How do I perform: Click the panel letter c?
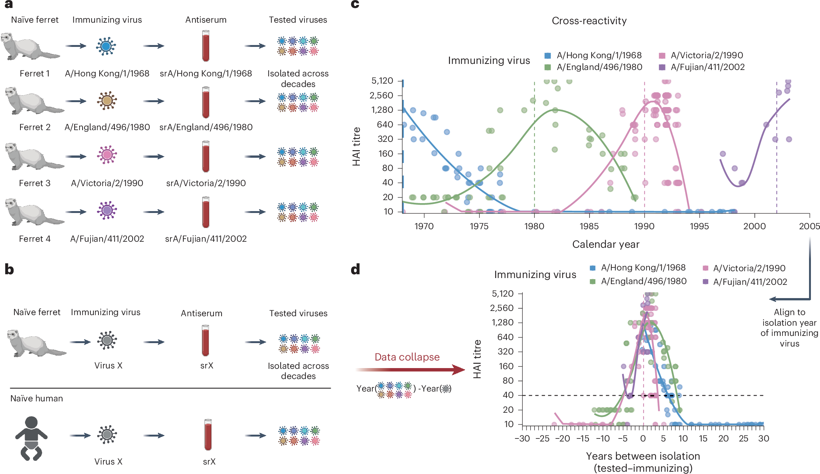pos(355,4)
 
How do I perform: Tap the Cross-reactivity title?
pos(589,21)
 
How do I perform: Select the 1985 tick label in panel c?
pos(589,226)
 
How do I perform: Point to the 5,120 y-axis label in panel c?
pos(382,81)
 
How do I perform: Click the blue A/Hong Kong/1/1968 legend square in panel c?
pos(547,56)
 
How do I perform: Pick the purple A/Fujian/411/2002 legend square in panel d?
pos(705,282)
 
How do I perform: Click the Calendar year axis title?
pos(606,244)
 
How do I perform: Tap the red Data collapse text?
pos(407,357)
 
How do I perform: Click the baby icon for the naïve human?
pos(31,439)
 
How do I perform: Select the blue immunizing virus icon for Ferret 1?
pos(106,46)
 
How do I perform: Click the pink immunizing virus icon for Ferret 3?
pos(107,155)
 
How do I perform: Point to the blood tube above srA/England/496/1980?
pos(206,102)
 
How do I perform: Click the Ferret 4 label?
pos(35,239)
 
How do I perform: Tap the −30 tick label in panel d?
pos(522,438)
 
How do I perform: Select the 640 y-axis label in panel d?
pos(506,337)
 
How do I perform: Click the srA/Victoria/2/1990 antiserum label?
pos(206,183)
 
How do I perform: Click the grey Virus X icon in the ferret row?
pos(107,340)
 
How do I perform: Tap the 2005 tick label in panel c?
pos(809,226)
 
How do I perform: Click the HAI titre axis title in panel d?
pos(477,359)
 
